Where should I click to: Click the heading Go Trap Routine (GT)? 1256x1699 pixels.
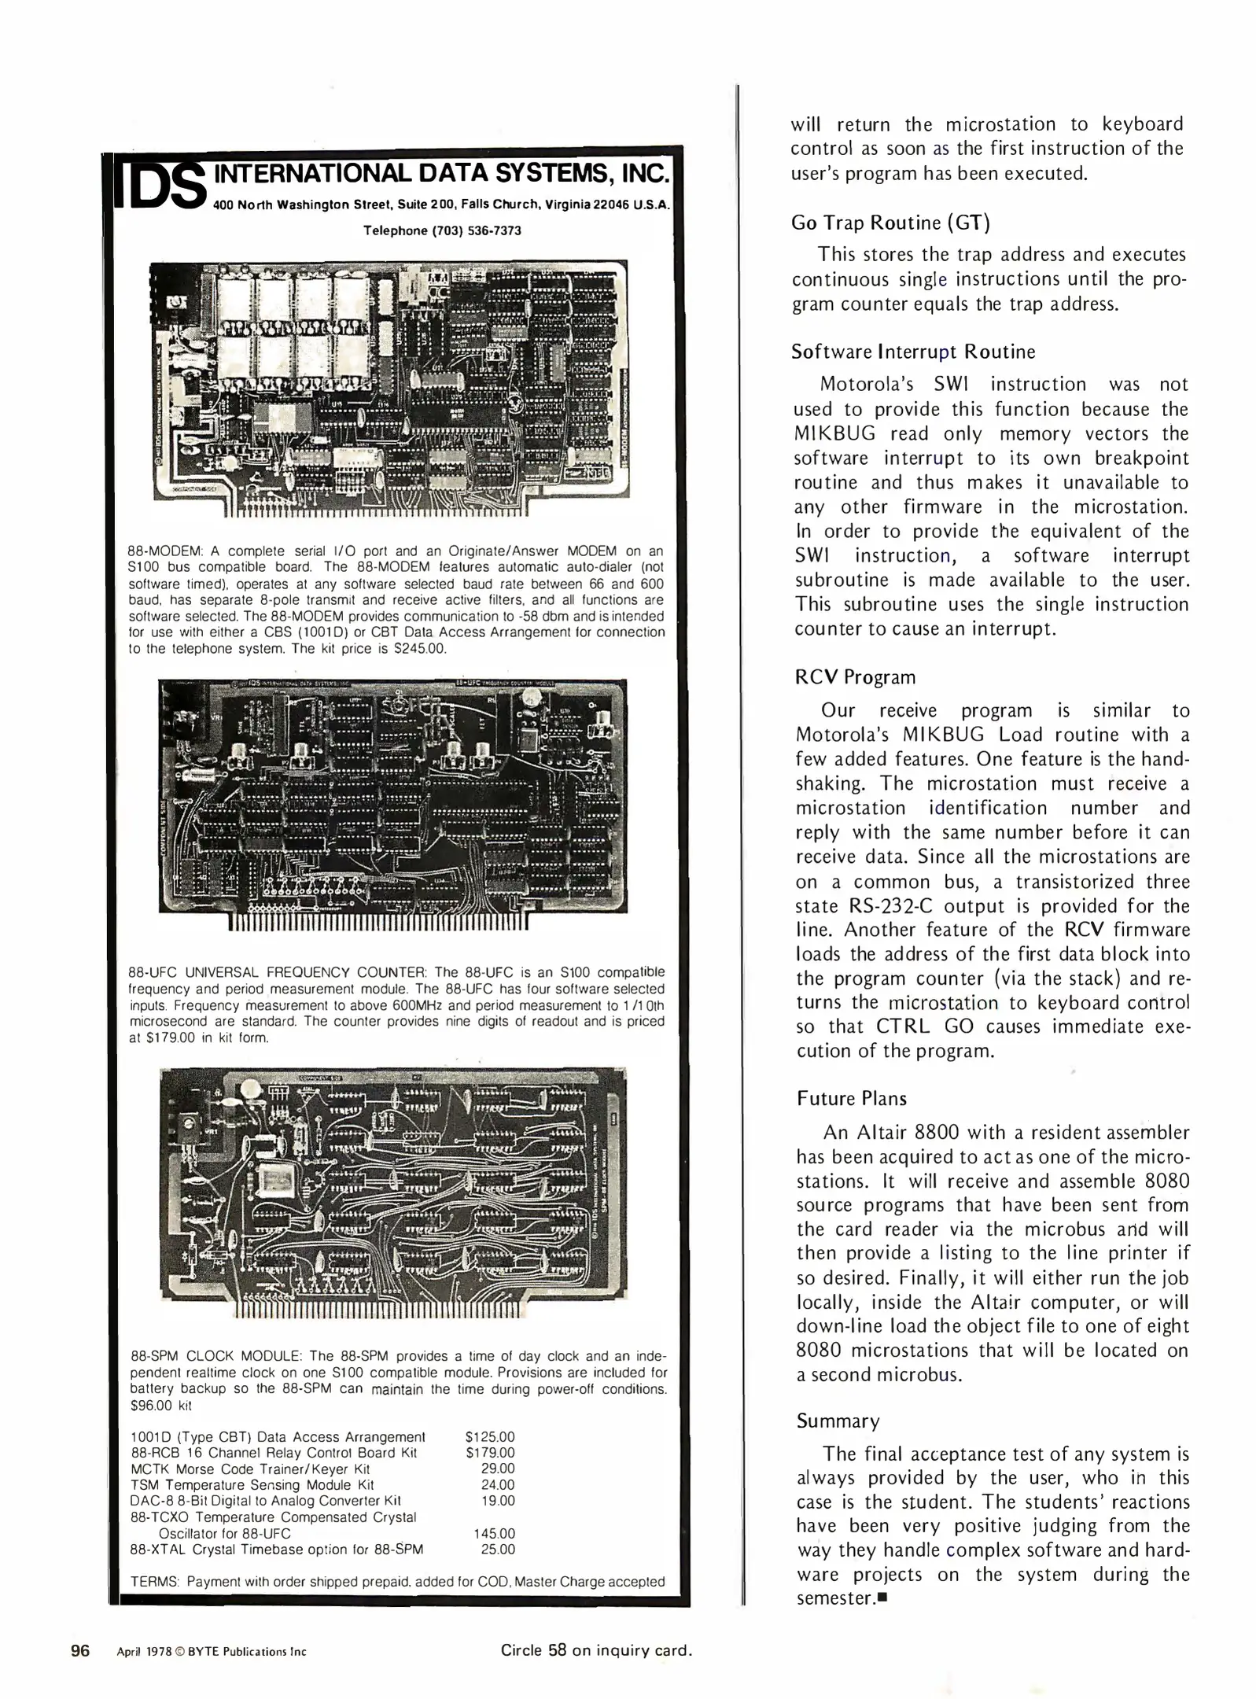click(x=890, y=223)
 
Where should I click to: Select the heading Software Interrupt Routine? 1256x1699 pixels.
click(x=912, y=352)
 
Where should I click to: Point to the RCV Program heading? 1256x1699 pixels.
click(x=856, y=677)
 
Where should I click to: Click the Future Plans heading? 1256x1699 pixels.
click(x=851, y=1099)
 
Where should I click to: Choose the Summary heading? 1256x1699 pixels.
click(x=838, y=1421)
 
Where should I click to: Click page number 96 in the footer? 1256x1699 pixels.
click(x=80, y=1650)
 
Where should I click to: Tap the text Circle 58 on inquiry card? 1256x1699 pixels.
click(x=596, y=1650)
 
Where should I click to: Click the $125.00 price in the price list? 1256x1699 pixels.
click(x=490, y=1436)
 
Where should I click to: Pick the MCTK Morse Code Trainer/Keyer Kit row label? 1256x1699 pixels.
click(x=249, y=1469)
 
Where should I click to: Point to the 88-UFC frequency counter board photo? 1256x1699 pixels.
click(x=392, y=796)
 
